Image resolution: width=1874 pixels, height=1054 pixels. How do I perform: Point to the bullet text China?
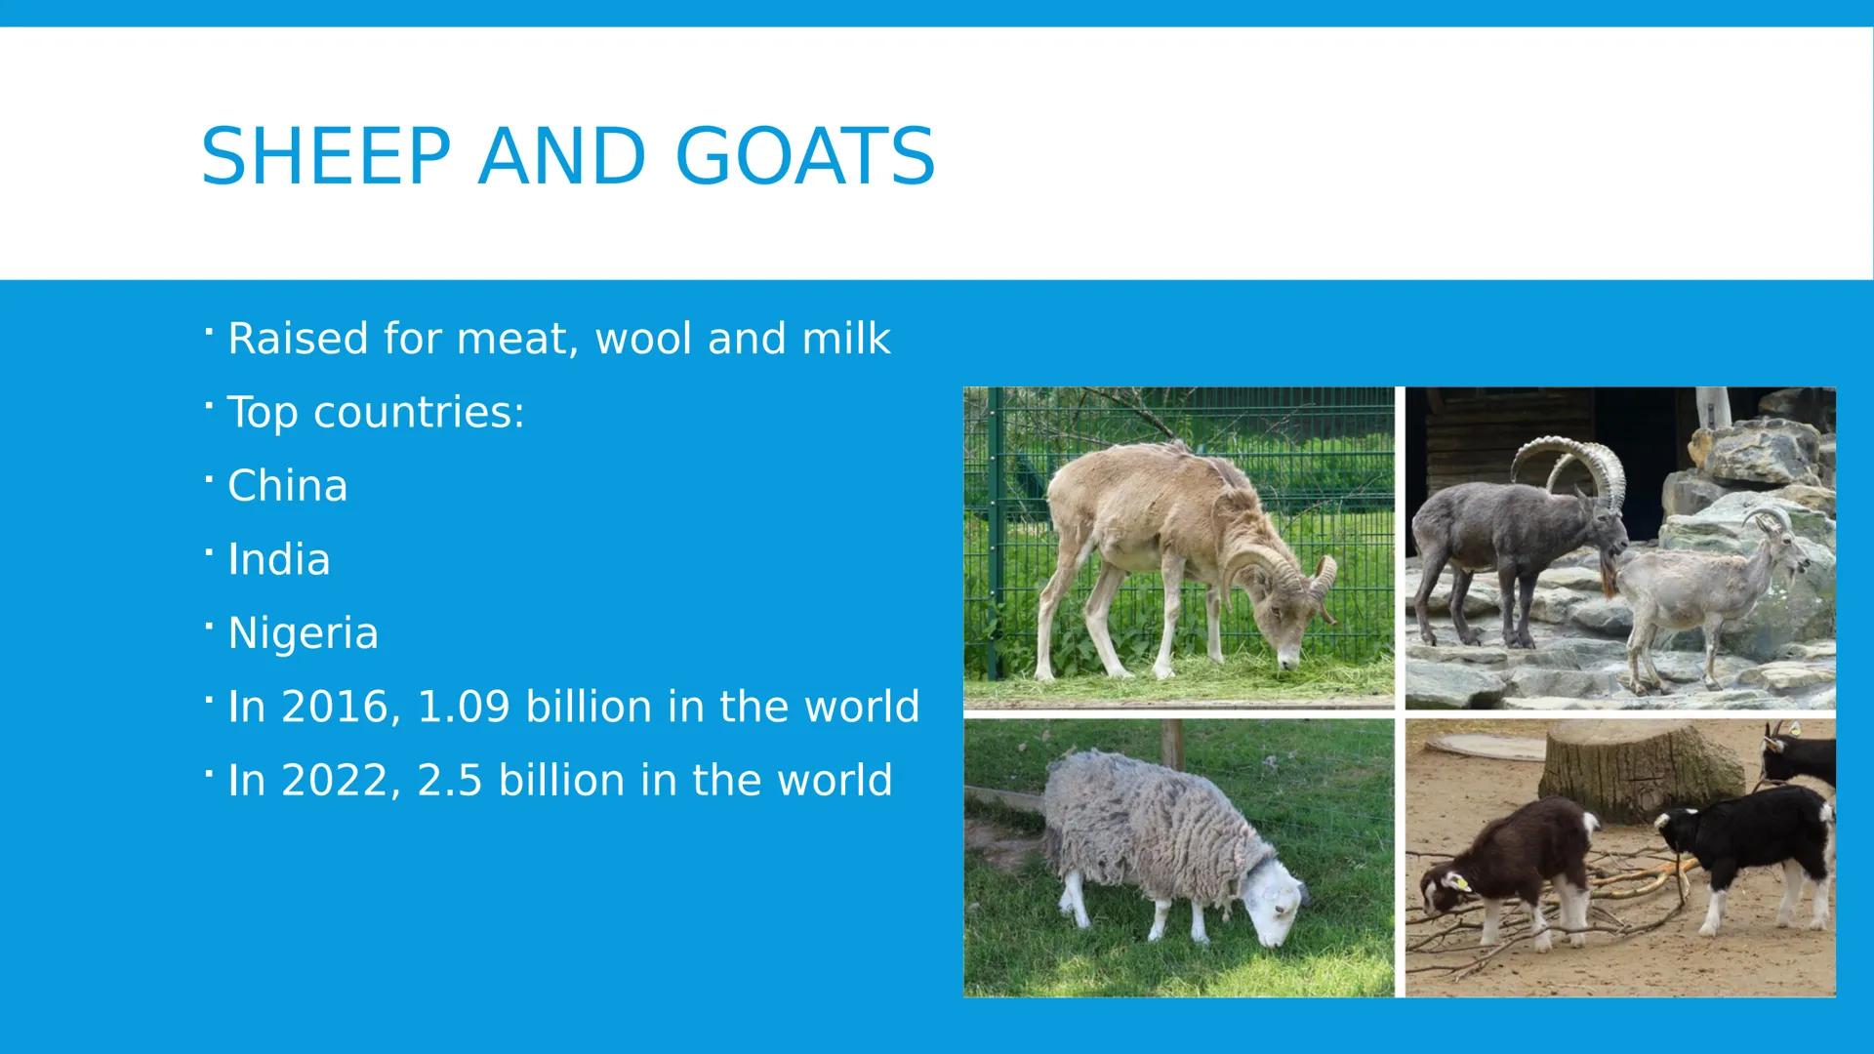tap(287, 486)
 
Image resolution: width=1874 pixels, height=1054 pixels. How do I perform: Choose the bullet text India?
tap(278, 560)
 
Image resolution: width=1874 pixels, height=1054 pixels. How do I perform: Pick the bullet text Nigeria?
tap(303, 633)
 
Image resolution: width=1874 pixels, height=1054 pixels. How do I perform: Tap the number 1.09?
tap(463, 707)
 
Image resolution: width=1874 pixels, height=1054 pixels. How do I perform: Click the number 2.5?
tap(449, 781)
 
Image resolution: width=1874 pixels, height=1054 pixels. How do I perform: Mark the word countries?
tap(419, 413)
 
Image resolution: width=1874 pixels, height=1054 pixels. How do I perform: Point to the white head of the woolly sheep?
tap(1279, 908)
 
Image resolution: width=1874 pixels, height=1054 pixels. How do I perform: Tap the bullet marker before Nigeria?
tap(208, 625)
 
